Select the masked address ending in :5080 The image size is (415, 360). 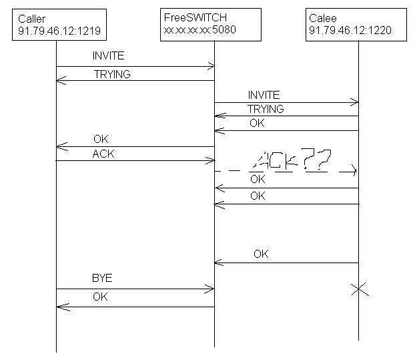coord(199,30)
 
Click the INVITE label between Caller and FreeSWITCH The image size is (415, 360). coord(108,56)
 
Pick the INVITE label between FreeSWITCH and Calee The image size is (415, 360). coord(264,95)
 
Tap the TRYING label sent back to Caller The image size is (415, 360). coord(112,74)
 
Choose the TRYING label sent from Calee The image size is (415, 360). coord(265,109)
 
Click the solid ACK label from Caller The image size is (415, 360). coord(103,154)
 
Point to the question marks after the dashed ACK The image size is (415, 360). coord(317,160)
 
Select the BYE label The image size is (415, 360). coord(101,278)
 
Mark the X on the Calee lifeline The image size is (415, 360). coord(359,289)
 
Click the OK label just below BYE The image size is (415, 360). coord(100,296)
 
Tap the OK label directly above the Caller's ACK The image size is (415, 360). coord(101,140)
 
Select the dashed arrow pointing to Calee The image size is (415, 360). coord(287,172)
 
